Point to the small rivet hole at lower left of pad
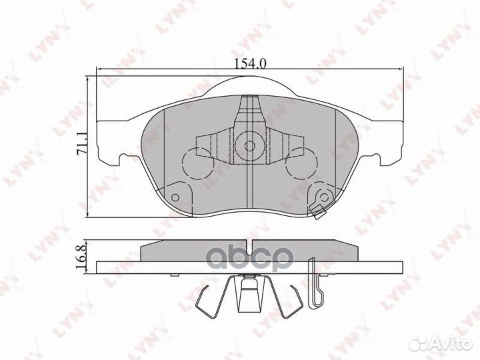[x=176, y=197]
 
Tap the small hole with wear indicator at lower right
[x=323, y=197]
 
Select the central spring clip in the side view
[x=249, y=293]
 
